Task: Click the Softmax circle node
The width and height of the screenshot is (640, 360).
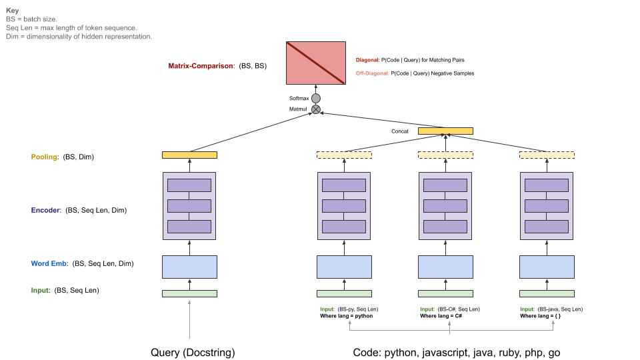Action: click(x=316, y=98)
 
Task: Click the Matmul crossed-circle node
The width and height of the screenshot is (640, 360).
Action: click(x=316, y=109)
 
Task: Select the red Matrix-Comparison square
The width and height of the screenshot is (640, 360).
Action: click(x=316, y=63)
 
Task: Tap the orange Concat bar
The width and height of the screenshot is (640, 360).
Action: click(x=445, y=131)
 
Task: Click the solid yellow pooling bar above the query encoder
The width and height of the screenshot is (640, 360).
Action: click(x=190, y=155)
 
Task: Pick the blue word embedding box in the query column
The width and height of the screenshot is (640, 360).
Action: click(x=190, y=267)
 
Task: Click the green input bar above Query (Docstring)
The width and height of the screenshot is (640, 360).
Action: click(x=190, y=293)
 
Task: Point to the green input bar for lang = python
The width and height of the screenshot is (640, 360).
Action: click(x=344, y=293)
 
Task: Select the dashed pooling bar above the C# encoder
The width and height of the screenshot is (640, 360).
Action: click(x=445, y=155)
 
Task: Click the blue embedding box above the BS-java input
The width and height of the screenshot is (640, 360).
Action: click(x=547, y=267)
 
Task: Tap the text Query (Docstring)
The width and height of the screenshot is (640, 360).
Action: click(x=193, y=353)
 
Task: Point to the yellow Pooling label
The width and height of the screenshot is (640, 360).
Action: click(x=45, y=157)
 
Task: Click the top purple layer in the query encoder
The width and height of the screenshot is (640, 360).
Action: click(x=190, y=185)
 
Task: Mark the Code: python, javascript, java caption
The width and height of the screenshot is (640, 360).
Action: click(x=457, y=353)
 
